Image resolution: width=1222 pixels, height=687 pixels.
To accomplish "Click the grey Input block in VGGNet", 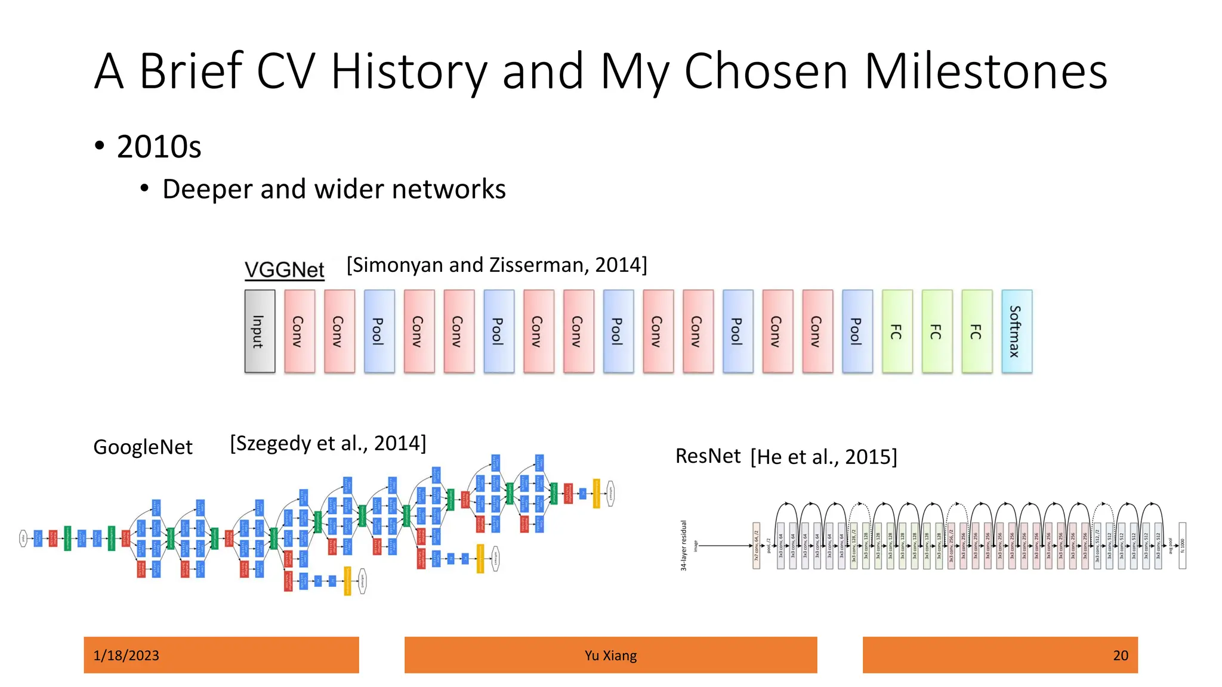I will pos(260,332).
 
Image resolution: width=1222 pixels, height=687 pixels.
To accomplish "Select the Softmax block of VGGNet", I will pos(1017,332).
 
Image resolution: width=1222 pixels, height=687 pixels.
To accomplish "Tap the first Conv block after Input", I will pos(300,332).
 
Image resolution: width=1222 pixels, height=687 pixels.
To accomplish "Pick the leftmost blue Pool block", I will pos(379,332).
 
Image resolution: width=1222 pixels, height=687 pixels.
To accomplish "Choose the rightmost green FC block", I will pos(977,332).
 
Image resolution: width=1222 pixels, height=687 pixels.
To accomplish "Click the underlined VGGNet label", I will pos(285,270).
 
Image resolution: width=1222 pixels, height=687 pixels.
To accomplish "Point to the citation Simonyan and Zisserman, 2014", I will pos(496,265).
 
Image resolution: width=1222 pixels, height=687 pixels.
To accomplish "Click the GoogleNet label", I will pos(143,447).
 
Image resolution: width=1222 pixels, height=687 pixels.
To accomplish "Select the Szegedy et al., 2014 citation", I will pos(328,443).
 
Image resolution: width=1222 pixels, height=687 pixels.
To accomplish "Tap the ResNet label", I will pos(708,456).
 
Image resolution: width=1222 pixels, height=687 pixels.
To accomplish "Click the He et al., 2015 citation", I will pos(823,457).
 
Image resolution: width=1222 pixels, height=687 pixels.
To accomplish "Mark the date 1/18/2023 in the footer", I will pos(126,655).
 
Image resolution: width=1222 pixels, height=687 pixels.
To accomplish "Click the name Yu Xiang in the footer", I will pos(610,655).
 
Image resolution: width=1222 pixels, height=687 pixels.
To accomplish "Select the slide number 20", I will pos(1120,655).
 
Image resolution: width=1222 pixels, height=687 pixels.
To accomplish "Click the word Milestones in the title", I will pos(986,72).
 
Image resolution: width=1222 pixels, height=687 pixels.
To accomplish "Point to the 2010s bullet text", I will pos(159,147).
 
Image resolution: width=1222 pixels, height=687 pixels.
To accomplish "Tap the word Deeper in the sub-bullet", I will pos(207,189).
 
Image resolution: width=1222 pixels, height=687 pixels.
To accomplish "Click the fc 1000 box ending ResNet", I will pos(1182,546).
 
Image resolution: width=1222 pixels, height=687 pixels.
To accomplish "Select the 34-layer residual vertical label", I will pos(684,545).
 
